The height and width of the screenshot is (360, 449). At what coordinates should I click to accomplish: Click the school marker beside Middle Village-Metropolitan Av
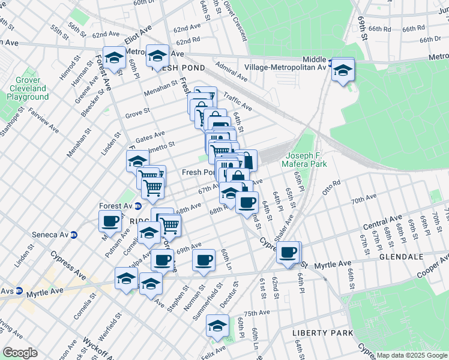(x=343, y=70)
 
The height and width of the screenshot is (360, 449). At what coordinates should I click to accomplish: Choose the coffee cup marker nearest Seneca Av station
(x=110, y=221)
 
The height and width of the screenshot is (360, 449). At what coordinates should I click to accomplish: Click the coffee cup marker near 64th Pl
(x=288, y=252)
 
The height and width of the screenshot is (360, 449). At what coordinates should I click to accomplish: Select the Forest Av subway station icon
(x=137, y=206)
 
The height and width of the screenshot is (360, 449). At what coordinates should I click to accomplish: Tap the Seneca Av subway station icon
(x=74, y=235)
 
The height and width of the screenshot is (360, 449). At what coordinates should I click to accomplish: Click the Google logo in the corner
(x=20, y=353)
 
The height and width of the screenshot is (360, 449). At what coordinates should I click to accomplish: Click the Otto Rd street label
(x=331, y=183)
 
